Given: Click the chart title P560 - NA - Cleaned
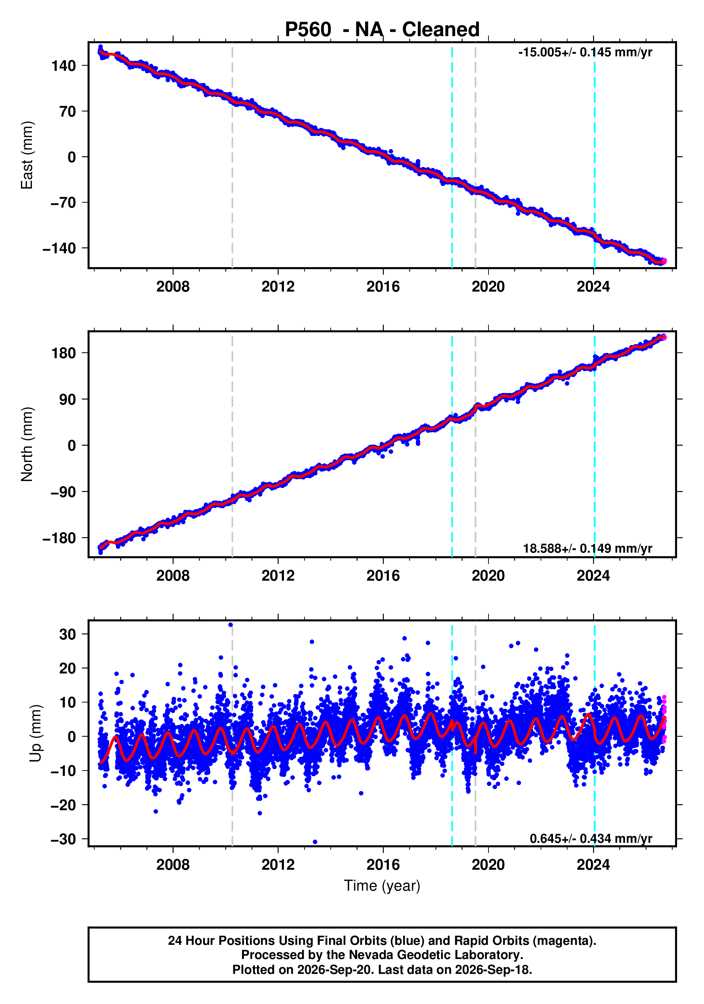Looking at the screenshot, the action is coord(382,29).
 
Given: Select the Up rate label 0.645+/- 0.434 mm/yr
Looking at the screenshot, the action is coord(591,838).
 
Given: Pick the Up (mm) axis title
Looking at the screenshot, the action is coord(36,733).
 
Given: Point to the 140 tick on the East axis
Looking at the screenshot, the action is coord(63,66).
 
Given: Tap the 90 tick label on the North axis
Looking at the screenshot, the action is coord(68,399).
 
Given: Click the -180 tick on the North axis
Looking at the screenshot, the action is coord(60,538).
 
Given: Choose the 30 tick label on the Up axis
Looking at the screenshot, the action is coord(68,634).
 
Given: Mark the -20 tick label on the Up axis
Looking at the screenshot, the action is coord(63,805).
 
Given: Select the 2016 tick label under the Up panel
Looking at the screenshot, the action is coord(383,864).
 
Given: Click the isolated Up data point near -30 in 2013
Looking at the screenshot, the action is coord(315,842).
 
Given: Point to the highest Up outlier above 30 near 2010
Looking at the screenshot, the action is coord(230,625).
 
